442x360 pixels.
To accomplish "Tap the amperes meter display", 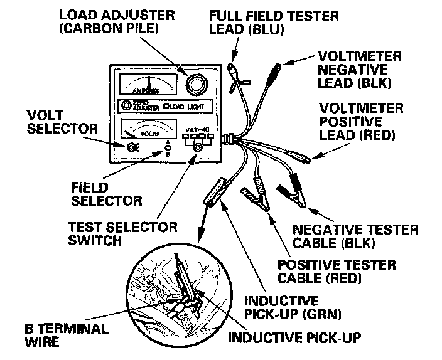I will click(148, 84).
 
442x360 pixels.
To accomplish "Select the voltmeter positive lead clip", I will click(294, 154).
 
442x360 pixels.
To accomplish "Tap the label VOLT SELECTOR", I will click(62, 122).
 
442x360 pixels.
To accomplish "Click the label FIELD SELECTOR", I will click(106, 194).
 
